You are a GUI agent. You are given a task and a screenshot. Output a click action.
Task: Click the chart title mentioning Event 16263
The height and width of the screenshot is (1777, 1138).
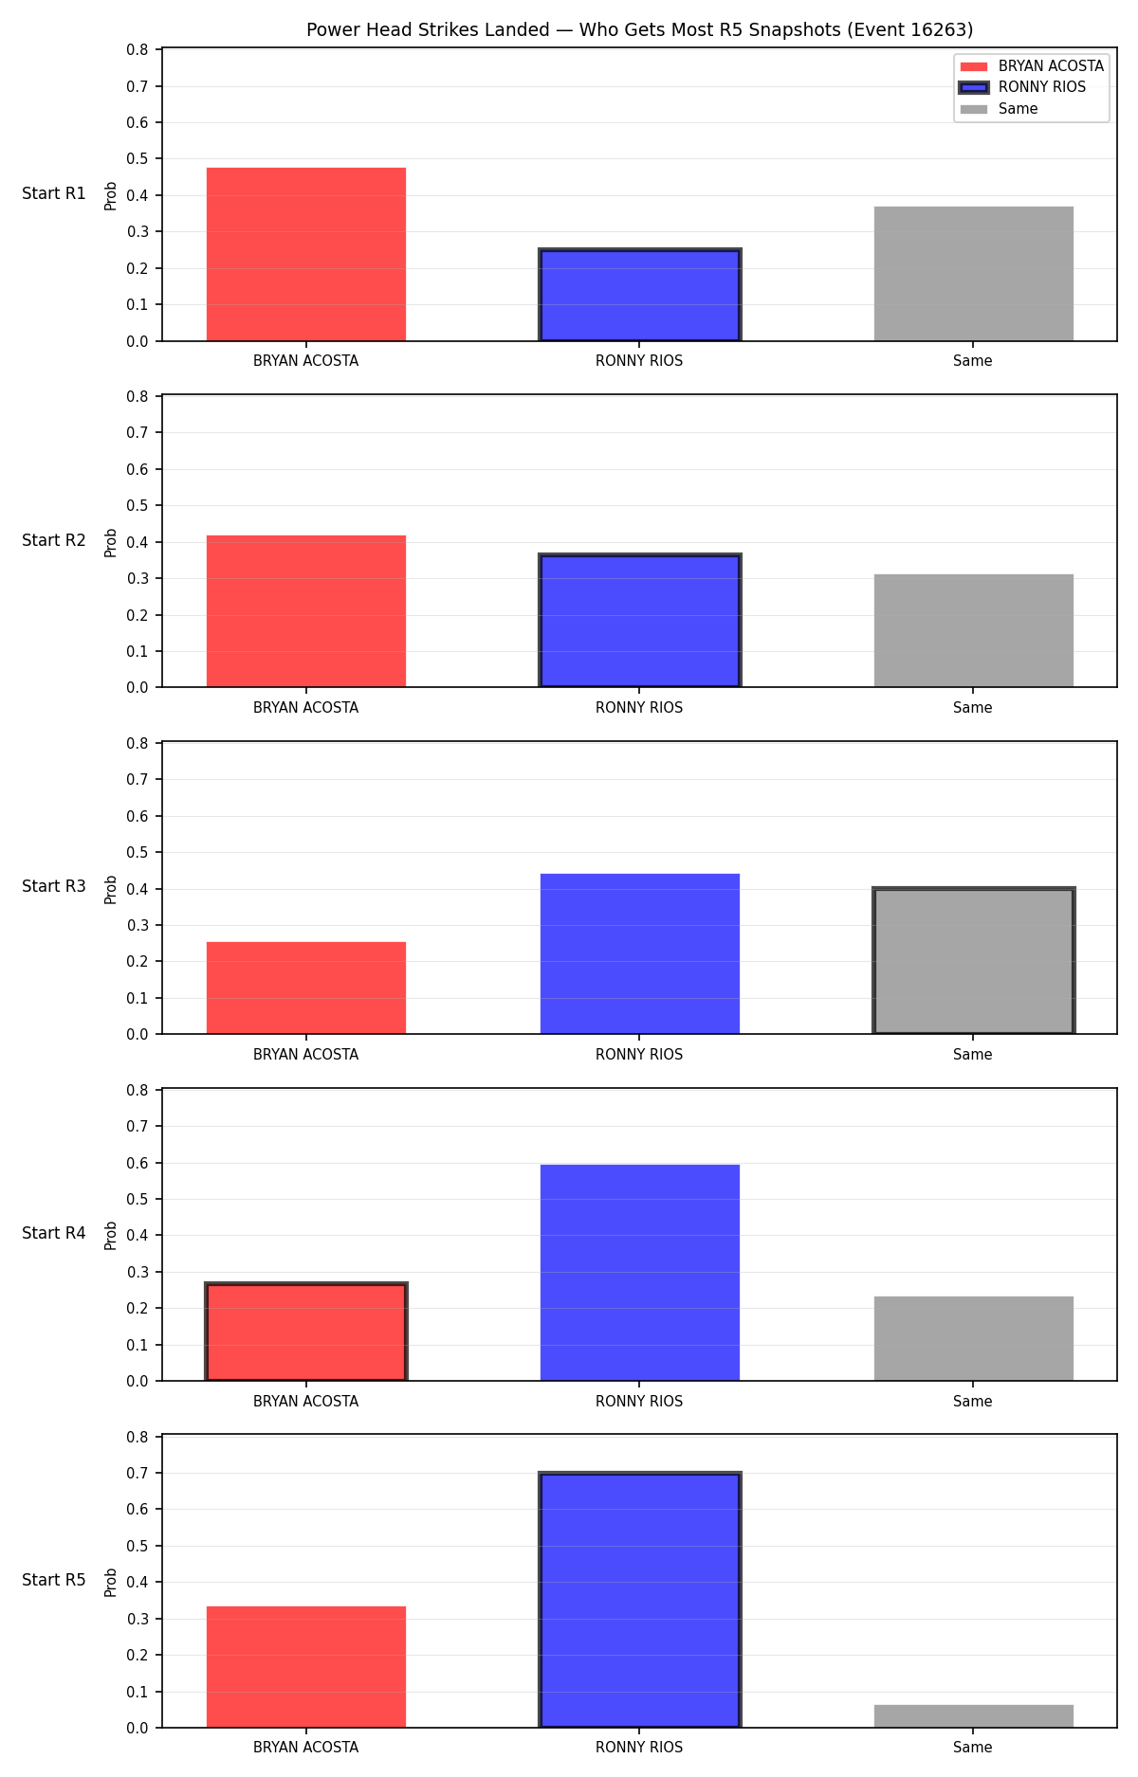click(639, 30)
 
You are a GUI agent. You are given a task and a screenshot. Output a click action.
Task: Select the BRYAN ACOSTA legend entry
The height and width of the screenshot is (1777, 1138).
click(1032, 66)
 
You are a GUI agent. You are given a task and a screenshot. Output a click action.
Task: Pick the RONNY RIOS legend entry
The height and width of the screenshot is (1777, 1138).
click(1023, 87)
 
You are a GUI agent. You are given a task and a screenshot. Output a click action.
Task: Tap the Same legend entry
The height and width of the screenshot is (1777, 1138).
click(999, 109)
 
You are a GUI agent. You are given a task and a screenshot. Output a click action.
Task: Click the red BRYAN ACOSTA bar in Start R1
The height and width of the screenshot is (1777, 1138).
click(306, 254)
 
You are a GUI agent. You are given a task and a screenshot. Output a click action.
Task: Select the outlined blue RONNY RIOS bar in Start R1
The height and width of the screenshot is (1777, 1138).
click(640, 295)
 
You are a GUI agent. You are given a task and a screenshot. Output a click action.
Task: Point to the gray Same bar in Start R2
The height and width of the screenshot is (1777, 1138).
click(974, 630)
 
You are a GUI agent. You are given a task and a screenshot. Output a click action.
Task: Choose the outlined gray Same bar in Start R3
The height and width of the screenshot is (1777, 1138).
click(974, 961)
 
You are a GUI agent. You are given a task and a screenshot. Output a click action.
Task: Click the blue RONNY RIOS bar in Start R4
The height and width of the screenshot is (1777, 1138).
click(640, 1273)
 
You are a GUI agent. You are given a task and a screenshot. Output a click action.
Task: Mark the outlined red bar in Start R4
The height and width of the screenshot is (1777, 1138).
click(306, 1332)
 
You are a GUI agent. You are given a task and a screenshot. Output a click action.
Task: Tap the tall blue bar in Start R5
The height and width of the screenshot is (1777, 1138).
click(640, 1600)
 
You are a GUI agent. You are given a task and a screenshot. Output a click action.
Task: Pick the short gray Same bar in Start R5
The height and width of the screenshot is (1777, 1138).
click(974, 1716)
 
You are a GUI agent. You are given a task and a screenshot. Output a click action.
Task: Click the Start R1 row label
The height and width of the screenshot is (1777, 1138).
click(54, 193)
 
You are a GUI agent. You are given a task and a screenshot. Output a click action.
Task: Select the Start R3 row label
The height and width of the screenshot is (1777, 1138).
click(54, 886)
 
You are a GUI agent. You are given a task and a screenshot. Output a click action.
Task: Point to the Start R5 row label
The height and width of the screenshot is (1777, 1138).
click(54, 1580)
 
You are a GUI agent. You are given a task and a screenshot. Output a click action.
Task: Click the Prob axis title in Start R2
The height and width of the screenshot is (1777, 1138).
click(111, 542)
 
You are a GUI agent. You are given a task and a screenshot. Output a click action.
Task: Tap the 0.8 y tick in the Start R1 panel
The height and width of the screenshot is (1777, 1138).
click(138, 50)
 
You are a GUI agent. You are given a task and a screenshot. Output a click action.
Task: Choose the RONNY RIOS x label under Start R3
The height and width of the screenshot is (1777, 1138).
click(639, 1055)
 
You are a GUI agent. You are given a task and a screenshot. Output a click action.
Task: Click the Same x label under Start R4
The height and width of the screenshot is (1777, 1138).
click(973, 1402)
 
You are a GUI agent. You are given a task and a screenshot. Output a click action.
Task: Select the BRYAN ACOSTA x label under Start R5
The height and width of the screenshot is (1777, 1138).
click(305, 1748)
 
